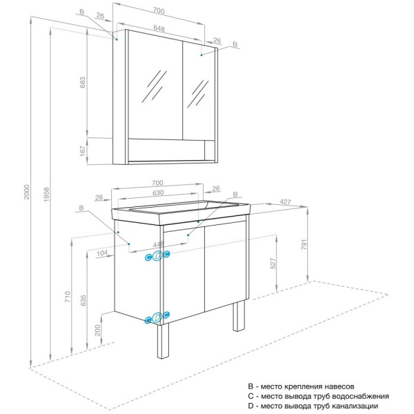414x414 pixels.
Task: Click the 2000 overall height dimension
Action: [x=27, y=194]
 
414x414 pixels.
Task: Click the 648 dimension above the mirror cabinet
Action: [x=159, y=28]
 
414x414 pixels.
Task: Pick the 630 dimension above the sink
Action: [x=159, y=193]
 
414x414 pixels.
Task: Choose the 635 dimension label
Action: [x=83, y=301]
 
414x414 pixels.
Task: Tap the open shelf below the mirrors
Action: [x=170, y=150]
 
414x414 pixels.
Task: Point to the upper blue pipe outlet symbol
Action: [x=157, y=256]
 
